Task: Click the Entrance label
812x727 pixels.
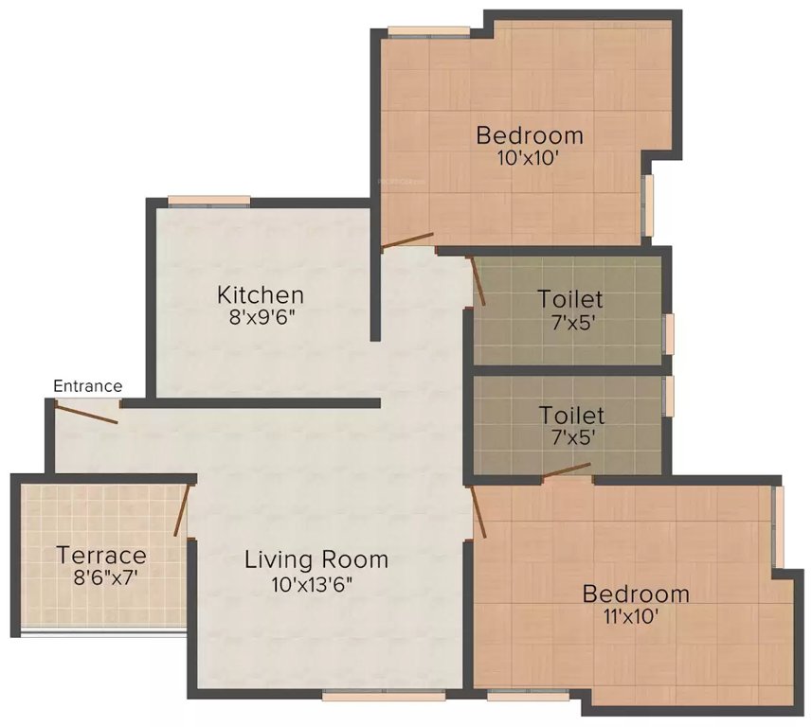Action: [87, 385]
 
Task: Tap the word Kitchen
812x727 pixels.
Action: [260, 294]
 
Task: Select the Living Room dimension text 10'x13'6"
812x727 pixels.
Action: [316, 584]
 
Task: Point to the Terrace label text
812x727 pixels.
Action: [101, 555]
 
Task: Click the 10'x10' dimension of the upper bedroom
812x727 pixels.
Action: [529, 157]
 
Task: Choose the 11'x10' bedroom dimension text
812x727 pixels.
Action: [635, 617]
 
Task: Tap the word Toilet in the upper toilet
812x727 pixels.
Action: [569, 299]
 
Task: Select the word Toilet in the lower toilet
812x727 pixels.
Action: [571, 415]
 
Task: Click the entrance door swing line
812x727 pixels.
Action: [85, 413]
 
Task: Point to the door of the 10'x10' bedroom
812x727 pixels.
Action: [407, 240]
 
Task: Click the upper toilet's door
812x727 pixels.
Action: [478, 282]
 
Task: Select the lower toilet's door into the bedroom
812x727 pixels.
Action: [568, 470]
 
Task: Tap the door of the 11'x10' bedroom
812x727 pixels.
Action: [478, 511]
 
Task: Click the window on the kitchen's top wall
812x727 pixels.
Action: [209, 200]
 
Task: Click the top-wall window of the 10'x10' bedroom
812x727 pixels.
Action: [428, 34]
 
